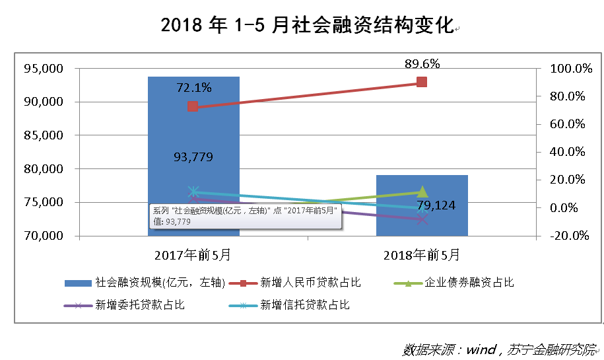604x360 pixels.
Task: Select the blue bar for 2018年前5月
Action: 422,218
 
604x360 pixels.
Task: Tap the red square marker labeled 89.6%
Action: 421,82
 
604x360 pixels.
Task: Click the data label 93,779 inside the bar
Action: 193,157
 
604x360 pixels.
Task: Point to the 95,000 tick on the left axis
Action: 43,68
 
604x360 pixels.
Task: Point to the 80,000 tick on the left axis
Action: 43,169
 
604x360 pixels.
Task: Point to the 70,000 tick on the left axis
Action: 43,236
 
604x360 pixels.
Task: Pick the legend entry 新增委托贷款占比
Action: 139,305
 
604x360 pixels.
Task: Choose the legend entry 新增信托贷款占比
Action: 304,305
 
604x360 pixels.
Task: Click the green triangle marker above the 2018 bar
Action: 422,192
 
